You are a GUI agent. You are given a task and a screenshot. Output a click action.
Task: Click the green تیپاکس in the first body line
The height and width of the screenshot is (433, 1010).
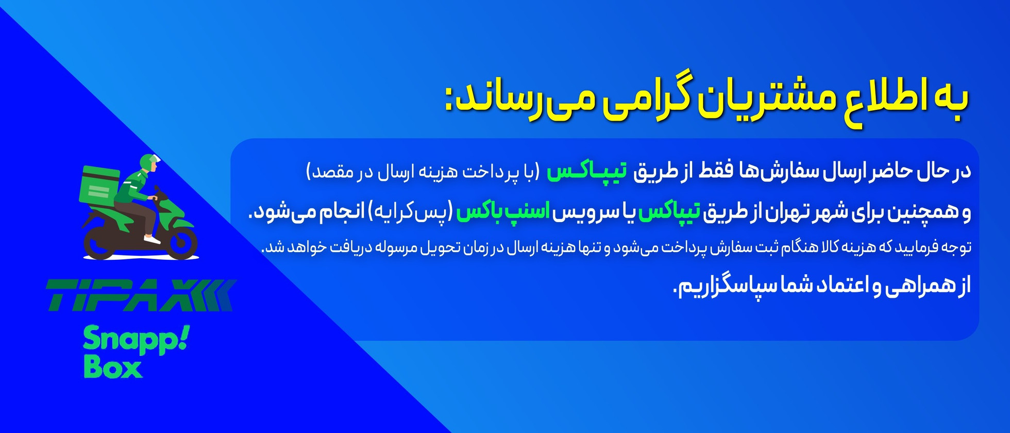tap(587, 171)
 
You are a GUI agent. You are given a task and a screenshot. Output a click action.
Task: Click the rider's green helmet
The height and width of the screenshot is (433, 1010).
tap(148, 161)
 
